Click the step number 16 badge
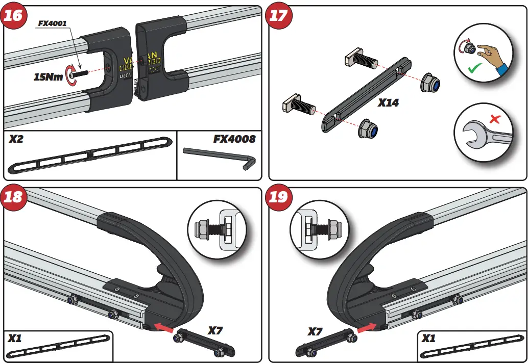13,15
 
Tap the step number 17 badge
278,15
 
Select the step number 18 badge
13,196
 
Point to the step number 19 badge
278,196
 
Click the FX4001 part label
53,23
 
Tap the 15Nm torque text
48,77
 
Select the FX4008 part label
234,139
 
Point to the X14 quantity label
389,102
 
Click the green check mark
475,67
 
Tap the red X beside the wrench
494,120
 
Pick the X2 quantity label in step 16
16,139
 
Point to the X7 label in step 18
215,330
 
